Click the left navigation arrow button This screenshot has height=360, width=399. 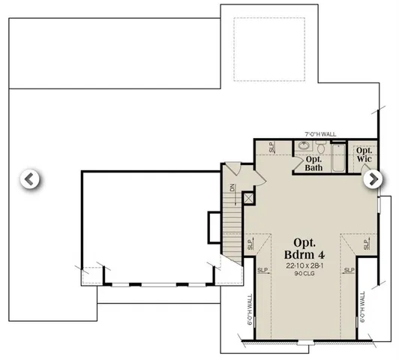[28, 179]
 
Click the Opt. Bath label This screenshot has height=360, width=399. [313, 163]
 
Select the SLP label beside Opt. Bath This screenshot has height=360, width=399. [272, 147]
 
